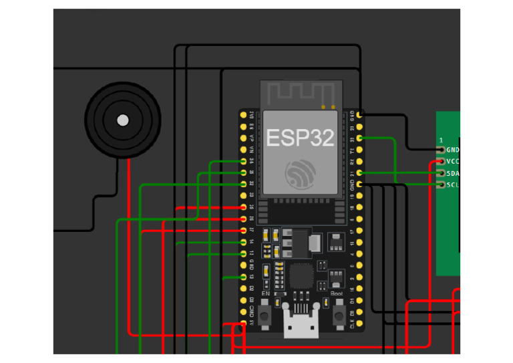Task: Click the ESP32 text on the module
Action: pos(300,138)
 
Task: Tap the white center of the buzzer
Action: pos(123,120)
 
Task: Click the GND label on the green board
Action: pos(453,150)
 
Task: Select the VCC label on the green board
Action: pos(453,162)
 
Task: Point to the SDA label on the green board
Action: pos(453,173)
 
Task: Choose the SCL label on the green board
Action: pos(453,185)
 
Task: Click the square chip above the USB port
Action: pos(301,274)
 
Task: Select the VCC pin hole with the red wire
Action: pos(441,162)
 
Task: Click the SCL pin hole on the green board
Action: pos(441,185)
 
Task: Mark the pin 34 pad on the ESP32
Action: pos(242,161)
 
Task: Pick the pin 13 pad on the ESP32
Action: pos(242,277)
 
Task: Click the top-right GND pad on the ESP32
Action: pos(360,115)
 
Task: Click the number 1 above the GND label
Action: pos(441,140)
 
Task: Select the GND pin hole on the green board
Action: pos(441,150)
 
